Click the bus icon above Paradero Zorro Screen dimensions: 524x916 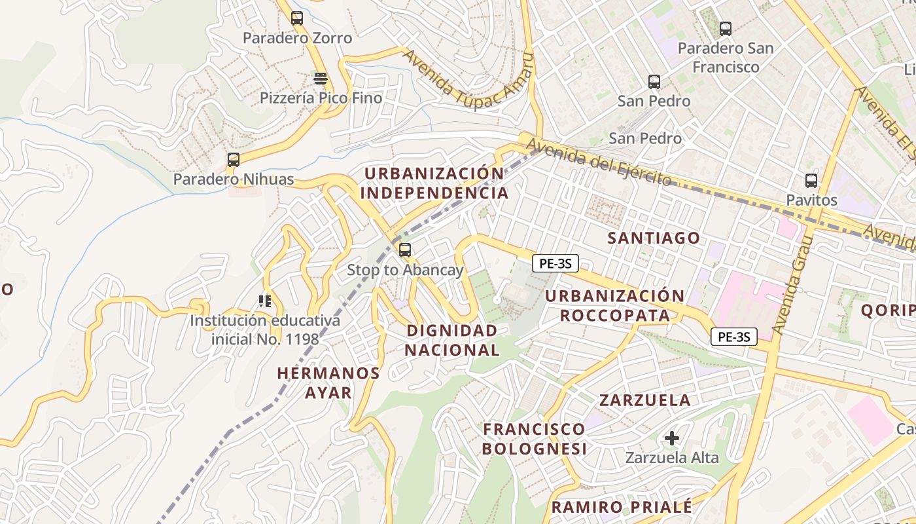point(297,18)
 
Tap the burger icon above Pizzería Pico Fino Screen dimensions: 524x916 point(321,79)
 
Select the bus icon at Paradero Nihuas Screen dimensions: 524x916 point(233,159)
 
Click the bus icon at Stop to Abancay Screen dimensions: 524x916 point(405,250)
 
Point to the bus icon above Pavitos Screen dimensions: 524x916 point(811,180)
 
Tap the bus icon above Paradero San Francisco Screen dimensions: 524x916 point(725,28)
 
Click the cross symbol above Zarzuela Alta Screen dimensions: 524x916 point(672,438)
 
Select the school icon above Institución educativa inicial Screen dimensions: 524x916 point(265,301)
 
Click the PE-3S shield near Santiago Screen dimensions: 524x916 point(555,263)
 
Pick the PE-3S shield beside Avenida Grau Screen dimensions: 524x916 point(733,337)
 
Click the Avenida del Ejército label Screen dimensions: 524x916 point(599,161)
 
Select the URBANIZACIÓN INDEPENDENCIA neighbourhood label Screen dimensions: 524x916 point(434,183)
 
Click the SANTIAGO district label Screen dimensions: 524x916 point(654,238)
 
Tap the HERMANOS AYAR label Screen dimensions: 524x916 point(328,383)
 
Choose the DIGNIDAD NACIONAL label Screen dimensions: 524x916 point(451,340)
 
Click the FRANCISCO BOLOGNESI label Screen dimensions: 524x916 point(535,439)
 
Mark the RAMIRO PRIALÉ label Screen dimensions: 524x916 point(621,507)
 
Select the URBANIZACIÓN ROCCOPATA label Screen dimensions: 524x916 point(615,306)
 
